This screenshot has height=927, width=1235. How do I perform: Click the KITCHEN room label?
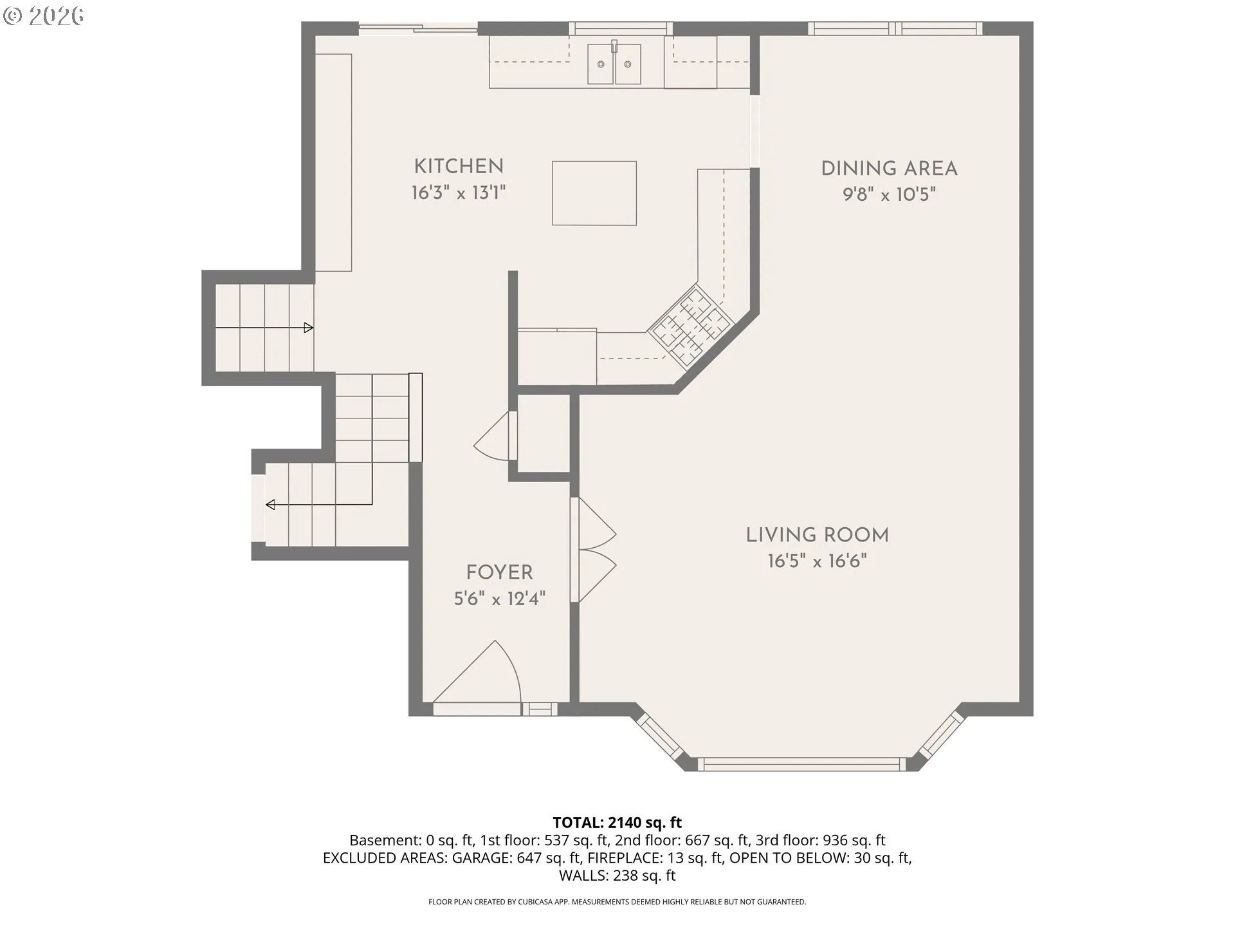tap(459, 166)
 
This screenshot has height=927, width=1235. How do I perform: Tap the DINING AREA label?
tap(889, 169)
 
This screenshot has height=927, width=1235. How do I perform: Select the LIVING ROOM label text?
tap(817, 535)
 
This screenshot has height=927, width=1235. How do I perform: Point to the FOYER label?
tap(499, 572)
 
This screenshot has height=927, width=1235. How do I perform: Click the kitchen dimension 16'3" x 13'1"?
tap(459, 192)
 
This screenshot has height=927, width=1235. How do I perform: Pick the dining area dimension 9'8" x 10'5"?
tap(889, 194)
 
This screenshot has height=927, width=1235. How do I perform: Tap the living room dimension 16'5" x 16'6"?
tap(817, 561)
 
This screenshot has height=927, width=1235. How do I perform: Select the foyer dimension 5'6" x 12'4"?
tap(499, 599)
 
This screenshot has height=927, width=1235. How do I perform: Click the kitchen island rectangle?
tap(594, 193)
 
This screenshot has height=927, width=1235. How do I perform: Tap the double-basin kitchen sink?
tap(614, 64)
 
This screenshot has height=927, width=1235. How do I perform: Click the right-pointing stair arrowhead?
tap(309, 328)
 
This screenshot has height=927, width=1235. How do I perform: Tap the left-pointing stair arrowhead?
tap(270, 505)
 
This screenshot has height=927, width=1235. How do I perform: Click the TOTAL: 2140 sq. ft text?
tap(617, 822)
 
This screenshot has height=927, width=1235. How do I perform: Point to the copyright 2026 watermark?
tap(43, 16)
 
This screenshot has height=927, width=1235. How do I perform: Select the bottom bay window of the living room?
tap(801, 764)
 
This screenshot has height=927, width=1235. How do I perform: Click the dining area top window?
tap(895, 28)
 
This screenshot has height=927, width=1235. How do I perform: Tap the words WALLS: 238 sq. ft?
tap(617, 876)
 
